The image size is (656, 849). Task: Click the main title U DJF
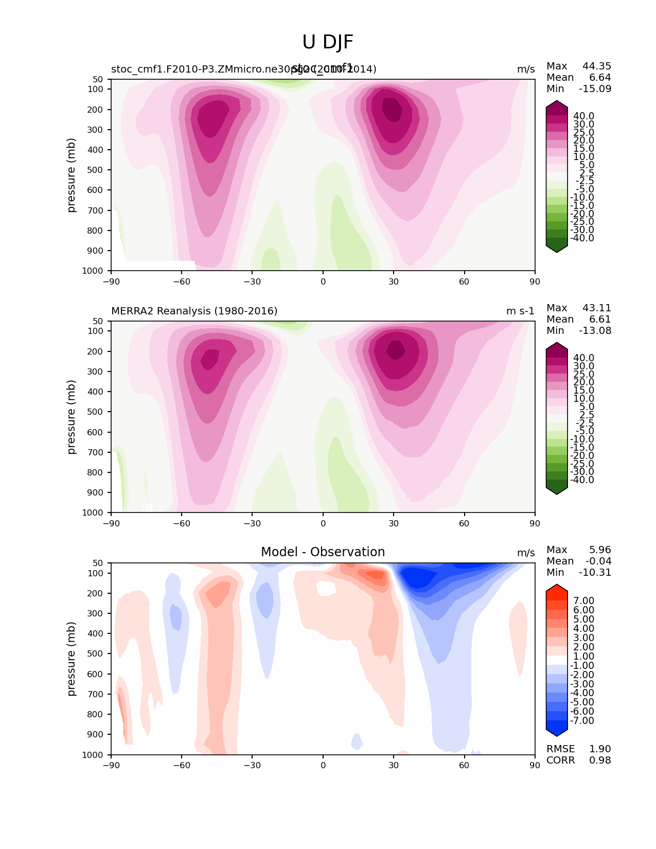pos(328,42)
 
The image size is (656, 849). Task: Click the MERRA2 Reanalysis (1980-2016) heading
pos(194,311)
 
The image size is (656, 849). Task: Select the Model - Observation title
pos(323,552)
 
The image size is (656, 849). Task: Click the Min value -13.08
pos(595,330)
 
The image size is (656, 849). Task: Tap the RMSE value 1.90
pos(600,749)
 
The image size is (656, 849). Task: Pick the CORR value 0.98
pos(600,760)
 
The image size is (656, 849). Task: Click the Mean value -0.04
pos(598,561)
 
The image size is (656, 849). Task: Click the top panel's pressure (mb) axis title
pos(72,175)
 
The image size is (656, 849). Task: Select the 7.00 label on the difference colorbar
pos(583,600)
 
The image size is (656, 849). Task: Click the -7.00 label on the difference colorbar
pos(582,720)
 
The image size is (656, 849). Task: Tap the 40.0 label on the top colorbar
pos(583,116)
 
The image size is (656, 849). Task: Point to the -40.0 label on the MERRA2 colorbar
pos(582,480)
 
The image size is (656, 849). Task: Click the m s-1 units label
pos(520,311)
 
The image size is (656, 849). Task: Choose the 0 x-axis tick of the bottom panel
pos(323,765)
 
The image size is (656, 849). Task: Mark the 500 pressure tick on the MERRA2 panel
pos(97,412)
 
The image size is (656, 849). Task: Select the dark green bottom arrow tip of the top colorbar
pos(557,249)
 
